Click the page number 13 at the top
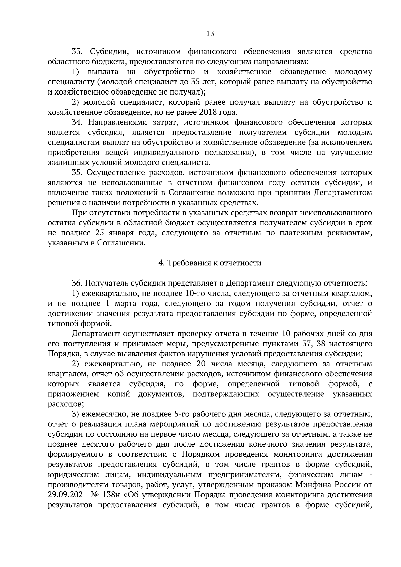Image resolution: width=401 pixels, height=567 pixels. click(x=210, y=33)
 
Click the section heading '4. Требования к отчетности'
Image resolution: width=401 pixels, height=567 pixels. click(x=210, y=263)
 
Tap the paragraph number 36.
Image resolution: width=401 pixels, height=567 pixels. click(x=78, y=283)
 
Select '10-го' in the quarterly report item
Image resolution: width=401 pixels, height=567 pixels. click(x=192, y=293)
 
